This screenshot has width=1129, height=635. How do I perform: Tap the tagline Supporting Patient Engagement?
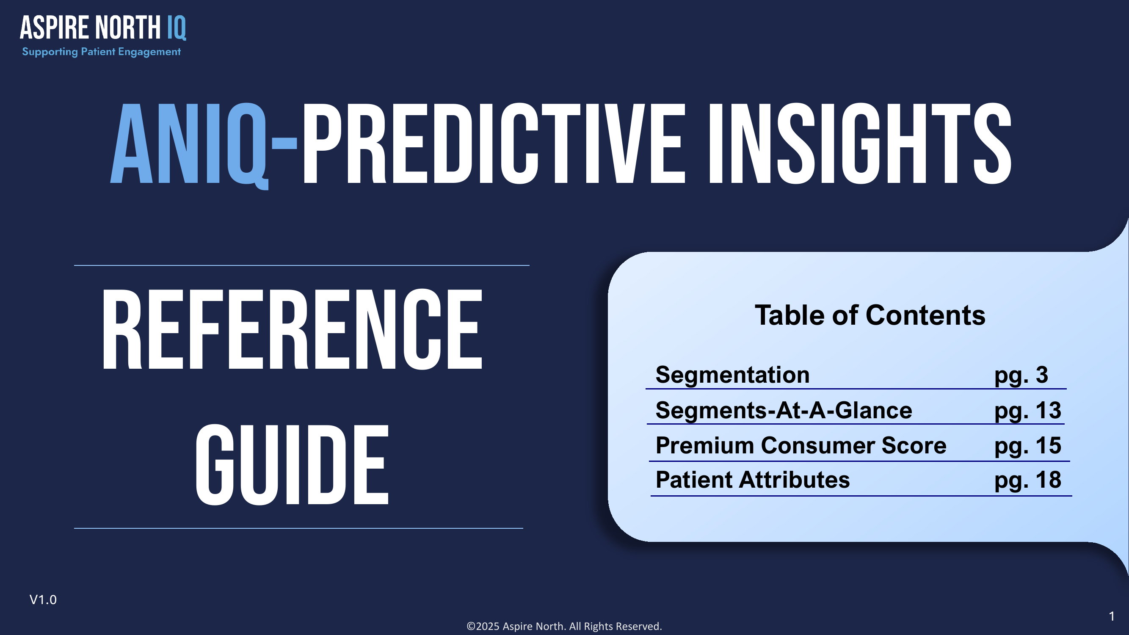pyautogui.click(x=101, y=52)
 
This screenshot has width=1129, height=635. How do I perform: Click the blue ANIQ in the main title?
pyautogui.click(x=189, y=145)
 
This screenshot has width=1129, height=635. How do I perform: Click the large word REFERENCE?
pyautogui.click(x=292, y=329)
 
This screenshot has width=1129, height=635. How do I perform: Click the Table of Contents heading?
pyautogui.click(x=870, y=315)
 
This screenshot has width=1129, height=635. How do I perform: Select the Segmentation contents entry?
pyautogui.click(x=732, y=375)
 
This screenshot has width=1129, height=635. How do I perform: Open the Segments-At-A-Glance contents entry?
pyautogui.click(x=784, y=411)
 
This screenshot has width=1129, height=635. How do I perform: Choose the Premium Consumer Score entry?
pyautogui.click(x=801, y=446)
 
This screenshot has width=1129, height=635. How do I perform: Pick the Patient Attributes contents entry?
pyautogui.click(x=753, y=480)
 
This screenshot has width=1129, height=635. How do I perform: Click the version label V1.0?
pyautogui.click(x=43, y=599)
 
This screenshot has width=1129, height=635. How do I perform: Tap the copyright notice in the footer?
pyautogui.click(x=564, y=626)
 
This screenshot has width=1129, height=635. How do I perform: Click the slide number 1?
pyautogui.click(x=1112, y=616)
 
